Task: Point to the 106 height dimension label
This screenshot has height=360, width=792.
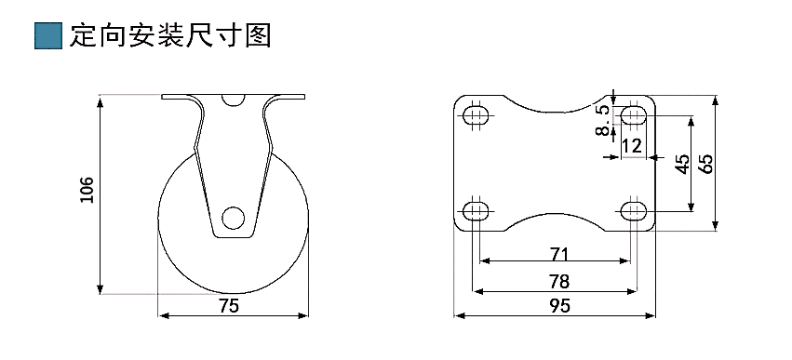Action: point(87,190)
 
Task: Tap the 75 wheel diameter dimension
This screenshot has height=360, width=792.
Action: point(229,305)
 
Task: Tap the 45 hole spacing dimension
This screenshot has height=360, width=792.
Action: point(682,164)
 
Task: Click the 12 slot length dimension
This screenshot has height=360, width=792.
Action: point(632,146)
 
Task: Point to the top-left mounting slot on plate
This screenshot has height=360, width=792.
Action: point(477,116)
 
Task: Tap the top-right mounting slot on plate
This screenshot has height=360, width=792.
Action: point(635,116)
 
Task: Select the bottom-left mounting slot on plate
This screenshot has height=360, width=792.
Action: point(477,208)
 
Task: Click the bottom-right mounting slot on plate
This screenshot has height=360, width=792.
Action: point(635,208)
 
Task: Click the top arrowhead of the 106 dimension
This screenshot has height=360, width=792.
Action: point(100,98)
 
